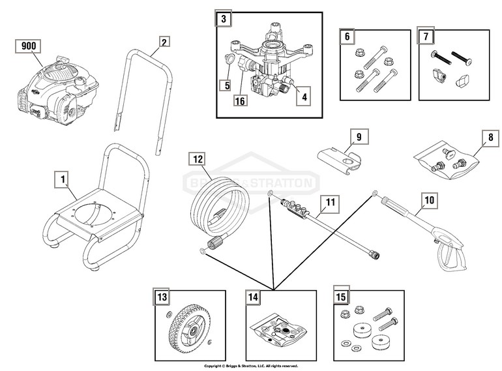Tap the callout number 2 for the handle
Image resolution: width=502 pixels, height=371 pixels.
(164, 42)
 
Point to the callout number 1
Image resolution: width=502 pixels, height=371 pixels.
(63, 178)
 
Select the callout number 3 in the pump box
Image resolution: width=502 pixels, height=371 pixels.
(224, 20)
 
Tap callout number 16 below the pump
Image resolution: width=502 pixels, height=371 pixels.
(241, 101)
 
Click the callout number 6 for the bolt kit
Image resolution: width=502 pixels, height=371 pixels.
(347, 37)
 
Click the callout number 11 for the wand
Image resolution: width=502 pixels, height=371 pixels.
(331, 203)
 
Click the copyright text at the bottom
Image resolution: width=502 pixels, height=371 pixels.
(251, 366)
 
